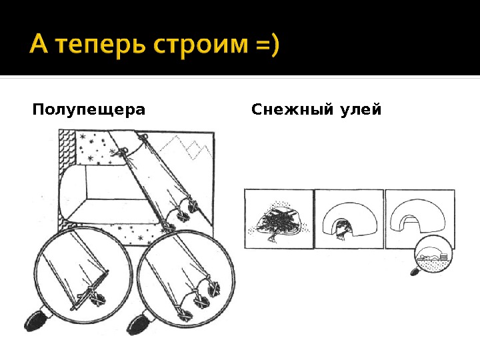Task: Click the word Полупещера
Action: (x=88, y=109)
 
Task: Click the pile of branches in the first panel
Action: (x=280, y=220)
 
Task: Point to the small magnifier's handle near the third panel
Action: (x=415, y=271)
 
